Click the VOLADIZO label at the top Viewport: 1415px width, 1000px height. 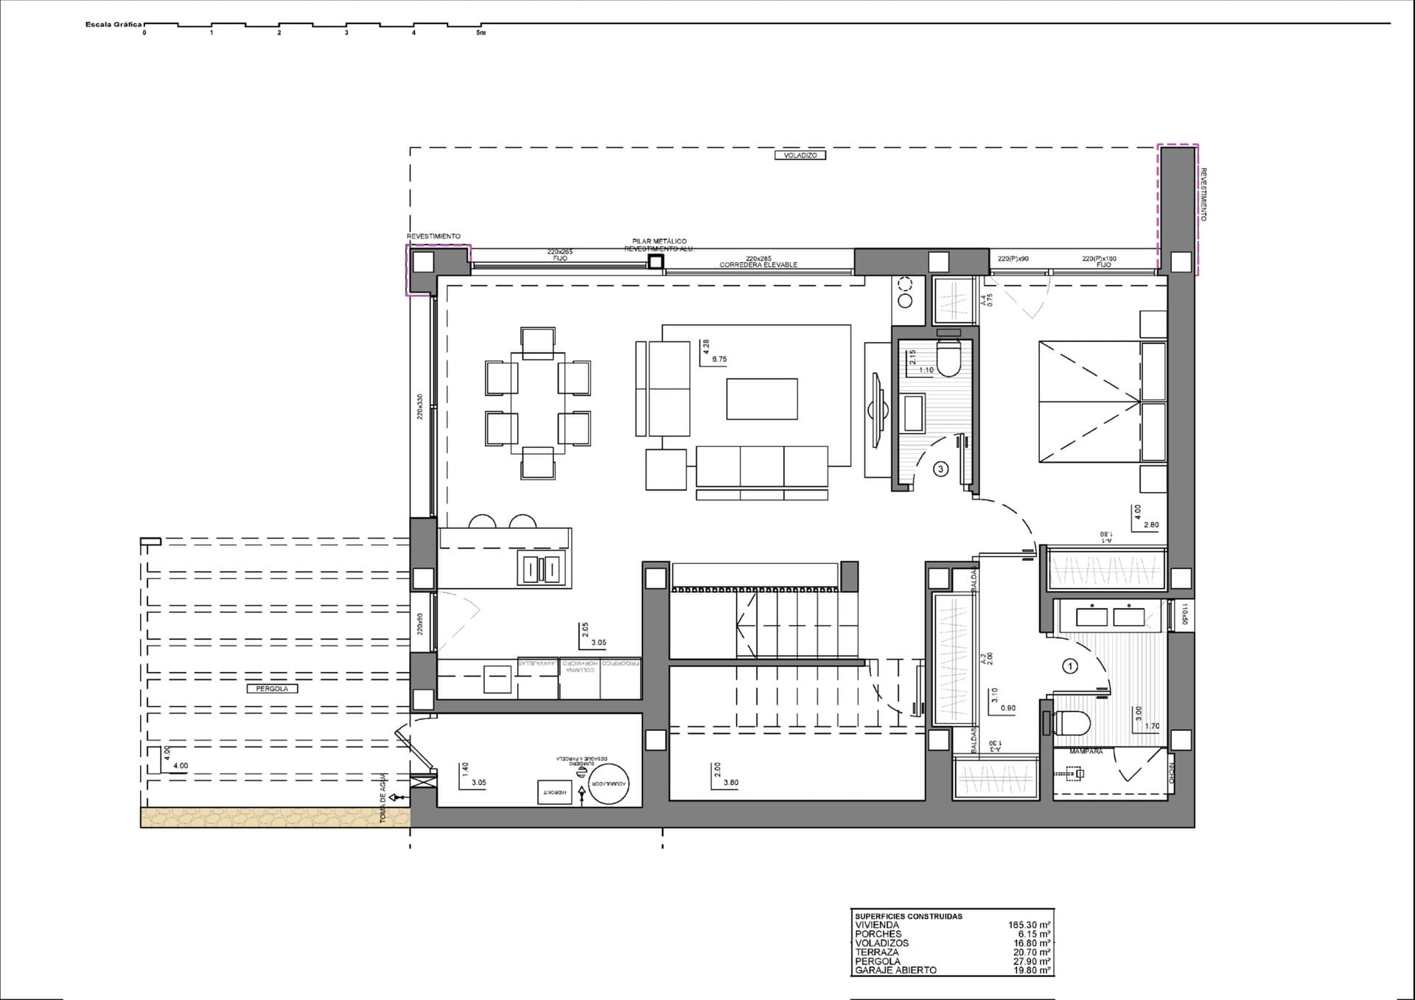pyautogui.click(x=800, y=155)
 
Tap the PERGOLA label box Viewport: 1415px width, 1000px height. pyautogui.click(x=272, y=688)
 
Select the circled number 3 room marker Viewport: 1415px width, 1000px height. pyautogui.click(x=940, y=469)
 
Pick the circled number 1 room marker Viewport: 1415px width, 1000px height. pyautogui.click(x=1070, y=666)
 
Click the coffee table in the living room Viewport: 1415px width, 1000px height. pyautogui.click(x=761, y=399)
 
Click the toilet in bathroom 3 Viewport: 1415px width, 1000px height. pyautogui.click(x=948, y=357)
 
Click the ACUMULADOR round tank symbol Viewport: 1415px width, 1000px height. pyautogui.click(x=609, y=784)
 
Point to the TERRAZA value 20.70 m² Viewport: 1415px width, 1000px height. pyautogui.click(x=1031, y=952)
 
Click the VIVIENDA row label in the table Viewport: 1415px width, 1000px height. pyautogui.click(x=877, y=925)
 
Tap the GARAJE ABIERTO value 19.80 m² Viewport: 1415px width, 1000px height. pyautogui.click(x=1031, y=971)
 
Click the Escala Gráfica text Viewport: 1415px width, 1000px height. pyautogui.click(x=113, y=24)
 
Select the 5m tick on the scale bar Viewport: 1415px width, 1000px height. pyautogui.click(x=481, y=32)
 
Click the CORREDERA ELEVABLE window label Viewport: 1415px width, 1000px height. pyautogui.click(x=758, y=265)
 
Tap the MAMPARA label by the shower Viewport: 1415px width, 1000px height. pyautogui.click(x=1086, y=752)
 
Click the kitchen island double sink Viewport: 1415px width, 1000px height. pyautogui.click(x=542, y=570)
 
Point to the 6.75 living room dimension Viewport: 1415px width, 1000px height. pyautogui.click(x=719, y=360)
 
